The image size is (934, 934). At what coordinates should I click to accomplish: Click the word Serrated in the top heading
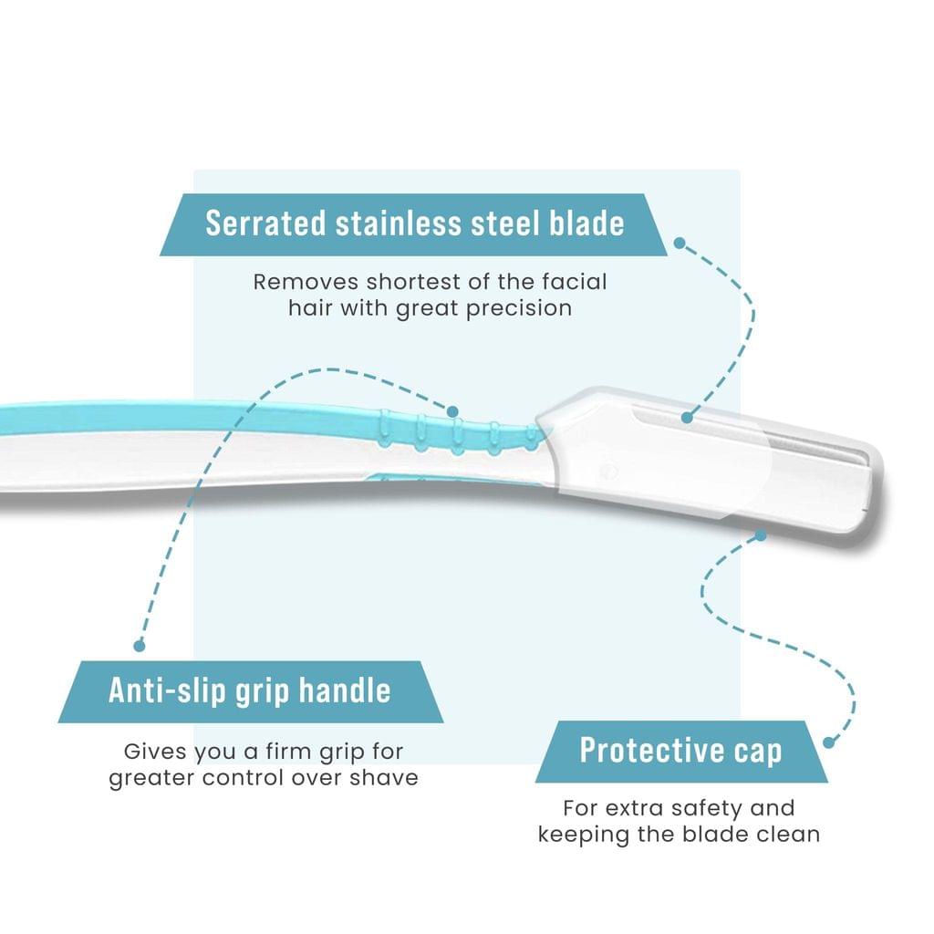click(265, 223)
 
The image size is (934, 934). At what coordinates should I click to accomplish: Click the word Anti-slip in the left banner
click(168, 691)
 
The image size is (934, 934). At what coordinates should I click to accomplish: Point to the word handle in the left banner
click(345, 691)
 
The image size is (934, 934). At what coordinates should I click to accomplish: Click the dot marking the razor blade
click(687, 418)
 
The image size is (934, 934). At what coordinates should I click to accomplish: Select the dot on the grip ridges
click(452, 411)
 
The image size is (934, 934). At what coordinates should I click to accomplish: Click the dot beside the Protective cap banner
click(828, 742)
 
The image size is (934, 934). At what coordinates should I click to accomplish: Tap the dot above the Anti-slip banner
click(140, 645)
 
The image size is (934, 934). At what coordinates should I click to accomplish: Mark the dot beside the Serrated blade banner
click(680, 243)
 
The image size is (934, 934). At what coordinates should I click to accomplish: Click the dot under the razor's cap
click(760, 535)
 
